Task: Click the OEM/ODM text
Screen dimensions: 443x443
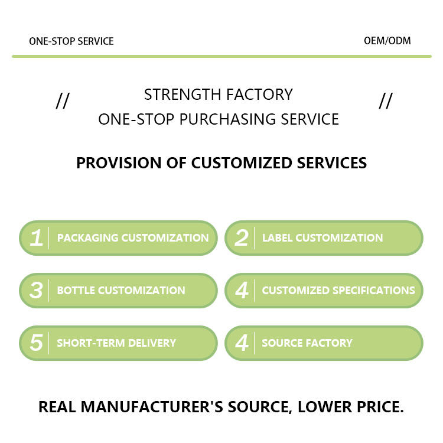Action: [387, 41]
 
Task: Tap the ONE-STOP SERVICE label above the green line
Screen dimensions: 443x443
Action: [71, 41]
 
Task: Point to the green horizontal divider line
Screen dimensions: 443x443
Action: [221, 56]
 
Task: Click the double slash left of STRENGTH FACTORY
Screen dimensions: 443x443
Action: [62, 101]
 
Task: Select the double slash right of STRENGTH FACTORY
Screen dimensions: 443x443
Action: [385, 101]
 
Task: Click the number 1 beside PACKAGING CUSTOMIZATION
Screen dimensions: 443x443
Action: [36, 238]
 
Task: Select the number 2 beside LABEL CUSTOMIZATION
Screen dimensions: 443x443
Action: [241, 238]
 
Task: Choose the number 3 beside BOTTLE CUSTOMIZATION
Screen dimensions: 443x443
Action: [36, 291]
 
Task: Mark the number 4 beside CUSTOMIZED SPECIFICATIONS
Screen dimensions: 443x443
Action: [241, 291]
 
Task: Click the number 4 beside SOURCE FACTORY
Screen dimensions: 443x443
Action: [241, 343]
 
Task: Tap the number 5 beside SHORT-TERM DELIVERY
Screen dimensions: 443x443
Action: [36, 343]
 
